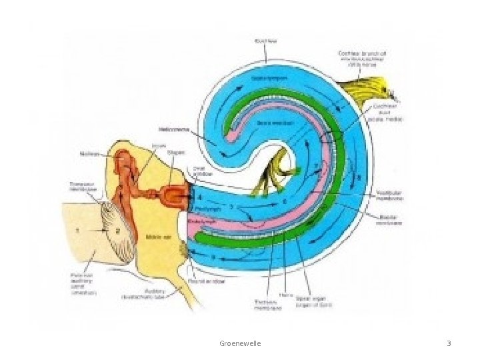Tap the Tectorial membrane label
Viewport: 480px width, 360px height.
click(x=268, y=305)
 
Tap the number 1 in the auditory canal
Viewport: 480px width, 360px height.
click(x=77, y=230)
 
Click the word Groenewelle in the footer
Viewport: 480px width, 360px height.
click(x=240, y=343)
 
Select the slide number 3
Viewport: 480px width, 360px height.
click(x=449, y=343)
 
